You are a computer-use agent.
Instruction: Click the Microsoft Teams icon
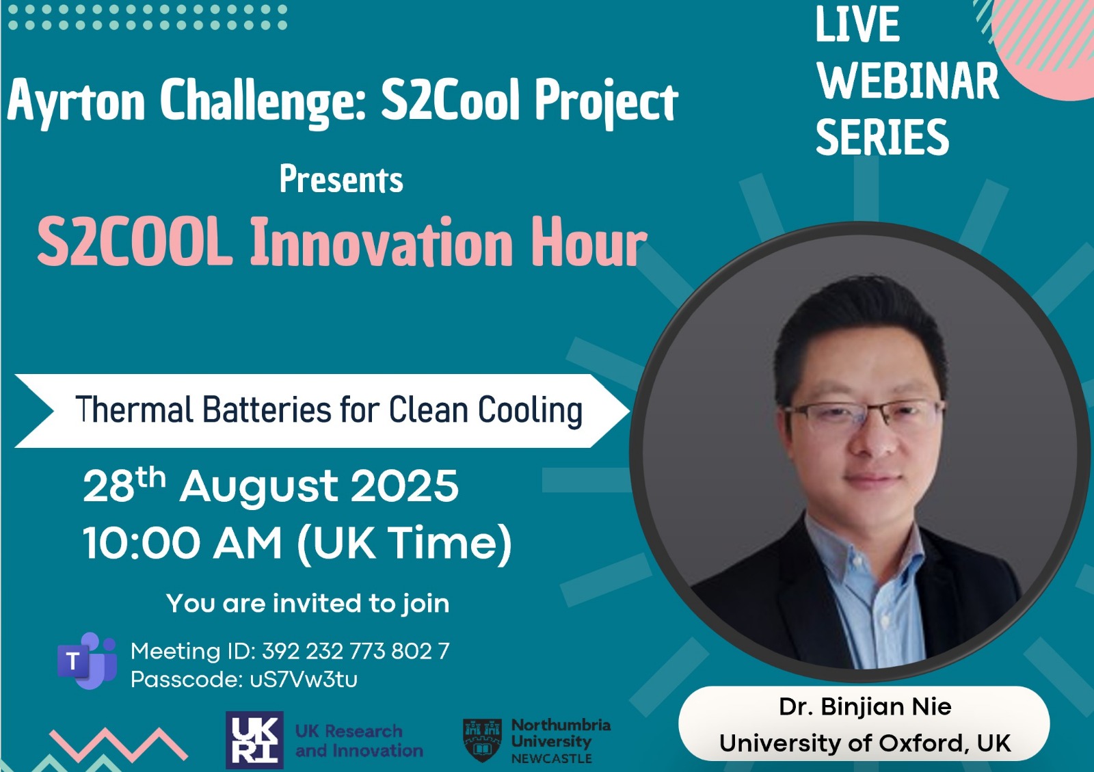88,660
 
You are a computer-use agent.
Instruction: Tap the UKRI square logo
254,740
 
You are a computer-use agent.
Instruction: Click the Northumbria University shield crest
482,740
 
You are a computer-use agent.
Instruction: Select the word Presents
341,180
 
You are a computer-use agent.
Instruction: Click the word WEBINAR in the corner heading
907,81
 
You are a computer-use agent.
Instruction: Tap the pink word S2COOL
135,241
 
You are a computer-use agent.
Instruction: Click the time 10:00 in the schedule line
142,542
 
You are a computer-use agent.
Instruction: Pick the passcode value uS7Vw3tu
304,679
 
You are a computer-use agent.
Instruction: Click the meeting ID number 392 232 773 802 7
356,651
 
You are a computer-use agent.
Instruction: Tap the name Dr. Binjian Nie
865,706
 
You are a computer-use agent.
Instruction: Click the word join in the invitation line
426,604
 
